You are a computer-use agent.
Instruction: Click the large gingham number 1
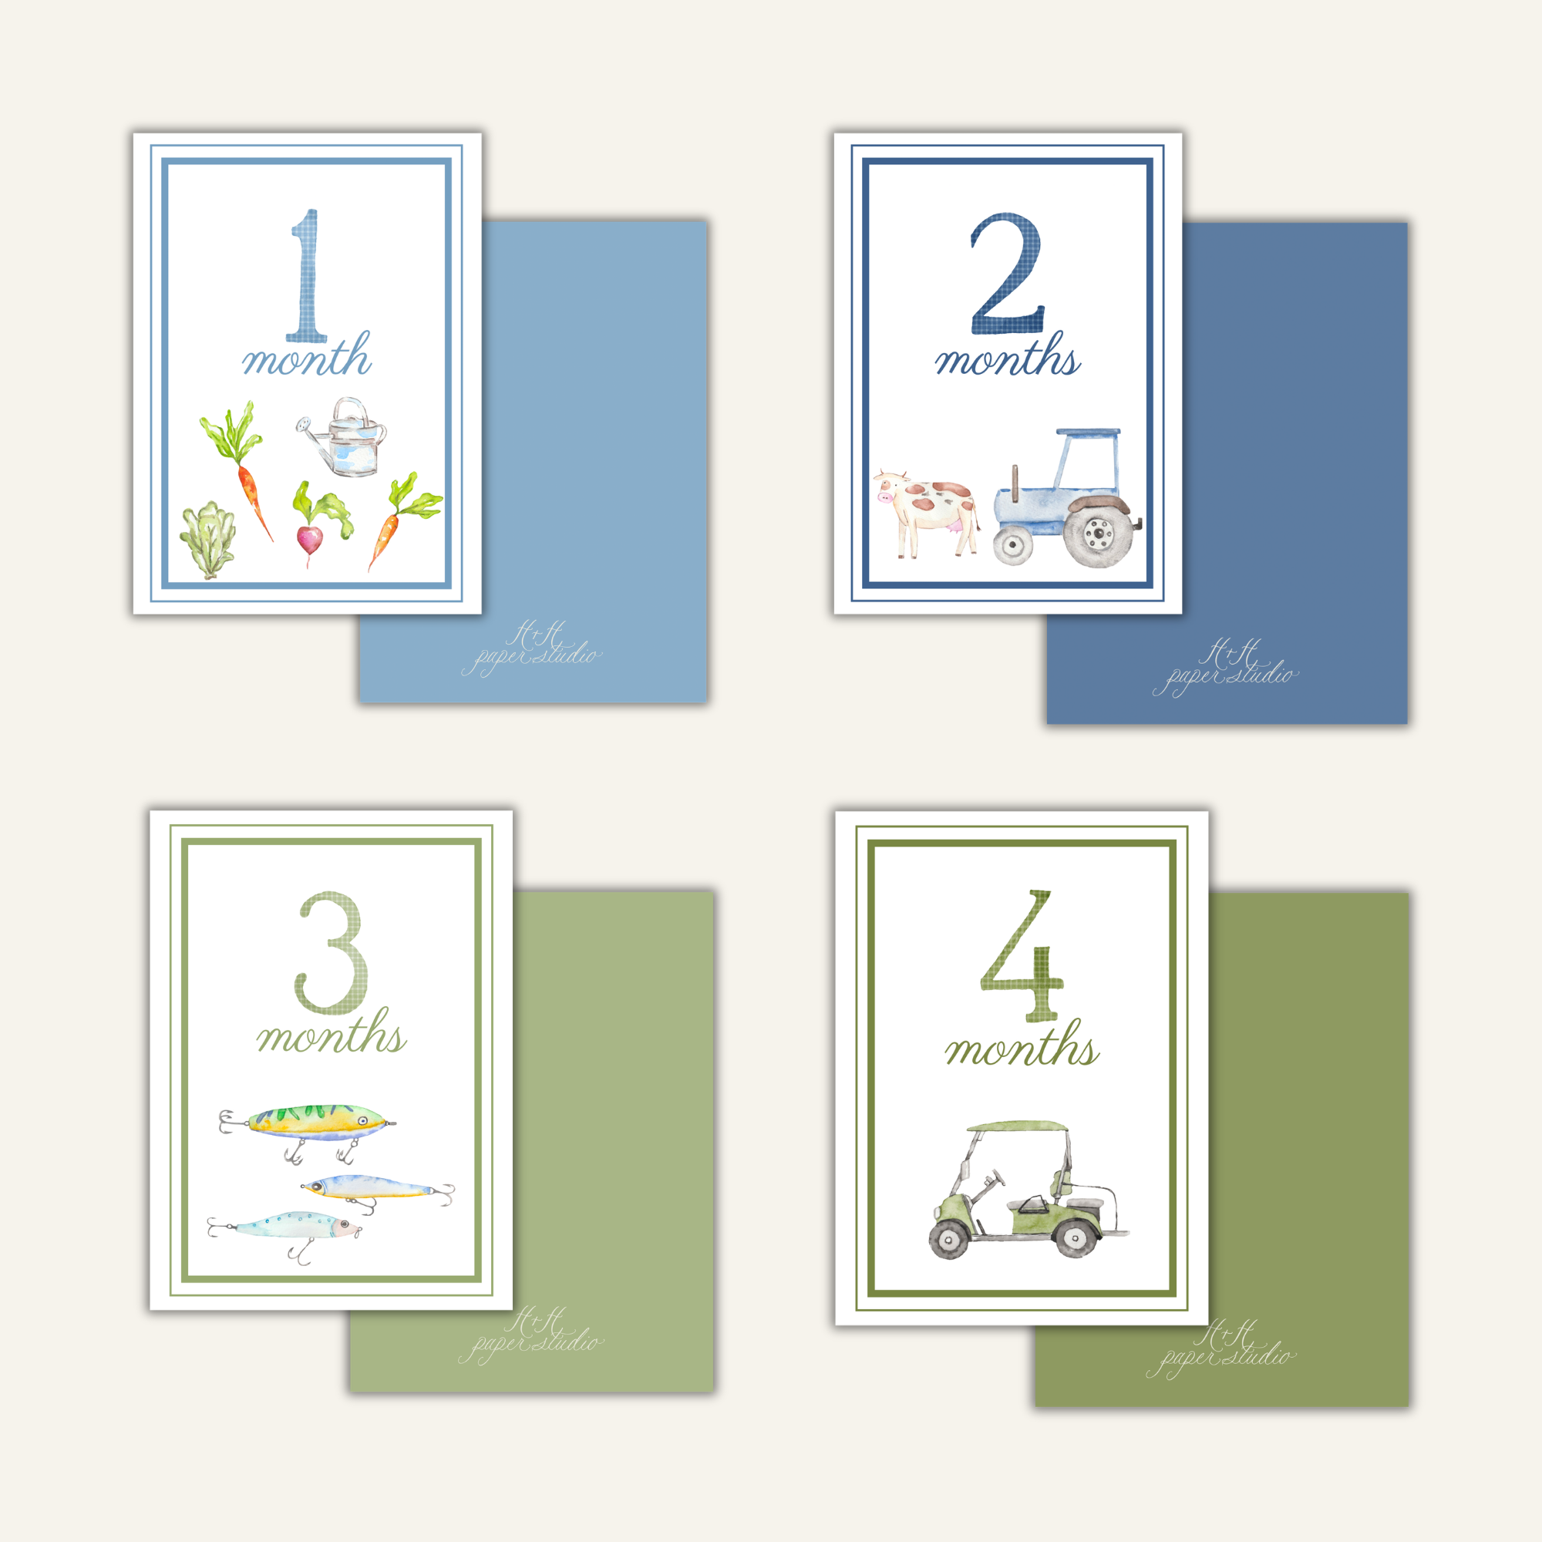click(308, 275)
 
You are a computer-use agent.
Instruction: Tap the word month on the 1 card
click(308, 357)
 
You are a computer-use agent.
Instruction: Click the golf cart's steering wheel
click(995, 1177)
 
